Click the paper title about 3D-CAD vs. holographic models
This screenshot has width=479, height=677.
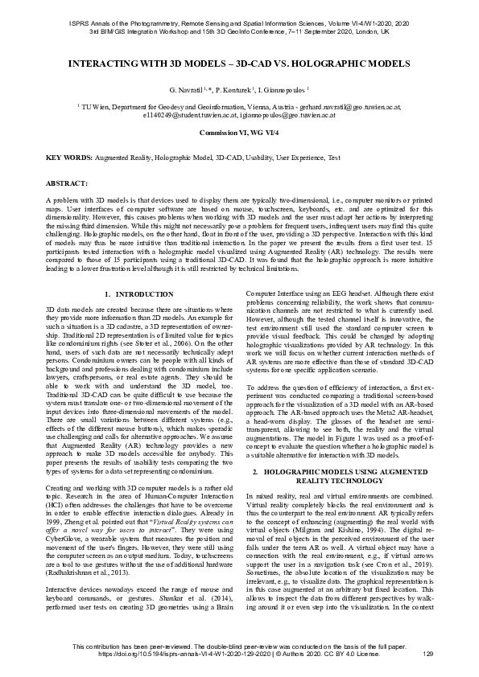239,62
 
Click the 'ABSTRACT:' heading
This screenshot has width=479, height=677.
66,183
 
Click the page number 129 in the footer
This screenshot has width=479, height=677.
427,654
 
